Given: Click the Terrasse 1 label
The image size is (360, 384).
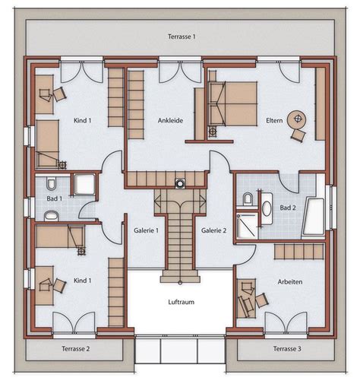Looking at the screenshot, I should (x=182, y=36).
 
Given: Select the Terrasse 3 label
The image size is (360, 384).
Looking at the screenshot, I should (x=286, y=349).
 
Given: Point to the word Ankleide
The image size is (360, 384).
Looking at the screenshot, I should (x=170, y=120).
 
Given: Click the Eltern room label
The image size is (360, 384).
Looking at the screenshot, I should (x=275, y=120).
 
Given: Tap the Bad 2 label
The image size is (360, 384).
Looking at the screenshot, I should (x=288, y=207).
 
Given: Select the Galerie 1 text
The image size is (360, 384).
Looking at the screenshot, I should (x=146, y=230).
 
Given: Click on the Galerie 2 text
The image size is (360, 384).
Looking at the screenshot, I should (x=214, y=230).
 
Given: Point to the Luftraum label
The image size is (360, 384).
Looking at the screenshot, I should (x=180, y=302).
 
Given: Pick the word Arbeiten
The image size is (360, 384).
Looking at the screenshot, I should (x=290, y=282).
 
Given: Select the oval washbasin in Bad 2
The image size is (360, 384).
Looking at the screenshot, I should (x=266, y=205).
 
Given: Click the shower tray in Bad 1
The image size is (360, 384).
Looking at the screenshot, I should (x=83, y=185).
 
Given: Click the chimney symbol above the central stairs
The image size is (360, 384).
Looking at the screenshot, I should (x=180, y=182).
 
